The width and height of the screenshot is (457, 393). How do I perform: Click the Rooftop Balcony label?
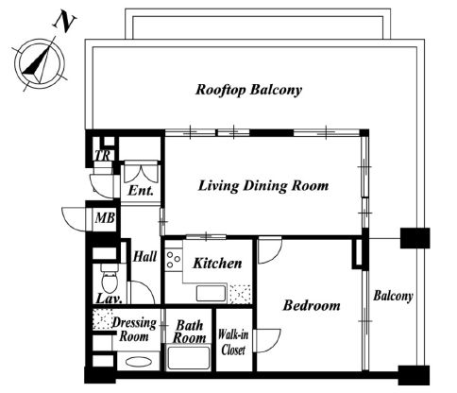248,90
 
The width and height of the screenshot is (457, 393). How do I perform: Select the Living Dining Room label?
263,185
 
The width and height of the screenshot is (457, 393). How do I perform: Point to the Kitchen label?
217,264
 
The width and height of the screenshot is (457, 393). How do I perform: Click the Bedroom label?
312,305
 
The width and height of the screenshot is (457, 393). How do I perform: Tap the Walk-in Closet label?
233,342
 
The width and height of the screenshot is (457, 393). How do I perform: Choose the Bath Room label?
189,332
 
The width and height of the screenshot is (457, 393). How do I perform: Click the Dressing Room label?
134,330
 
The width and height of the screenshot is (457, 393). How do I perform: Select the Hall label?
144,256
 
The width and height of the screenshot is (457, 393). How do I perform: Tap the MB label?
105,218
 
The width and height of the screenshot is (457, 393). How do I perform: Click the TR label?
103,156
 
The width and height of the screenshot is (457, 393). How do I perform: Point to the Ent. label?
141,191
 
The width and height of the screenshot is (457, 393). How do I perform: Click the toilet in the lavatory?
110,279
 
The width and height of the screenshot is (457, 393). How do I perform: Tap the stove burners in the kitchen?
173,259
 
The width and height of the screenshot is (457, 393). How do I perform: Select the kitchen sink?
212,294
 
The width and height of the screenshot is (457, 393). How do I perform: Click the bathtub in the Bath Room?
189,358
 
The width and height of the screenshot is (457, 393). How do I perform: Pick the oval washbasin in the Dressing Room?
138,362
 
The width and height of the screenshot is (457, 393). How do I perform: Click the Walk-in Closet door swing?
268,341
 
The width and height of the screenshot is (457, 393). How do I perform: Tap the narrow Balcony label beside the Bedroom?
393,297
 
